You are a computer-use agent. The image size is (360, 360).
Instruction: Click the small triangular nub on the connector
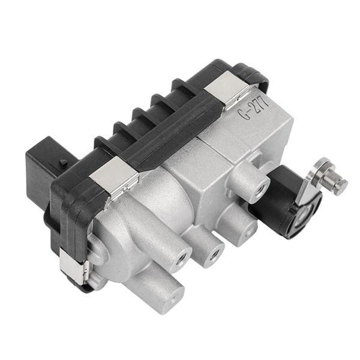62,163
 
